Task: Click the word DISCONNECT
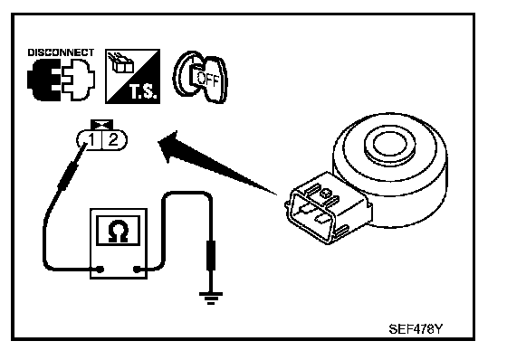point(61,52)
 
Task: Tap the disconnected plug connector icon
point(62,80)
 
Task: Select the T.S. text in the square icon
point(143,91)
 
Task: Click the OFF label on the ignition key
point(208,80)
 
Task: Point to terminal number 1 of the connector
point(91,140)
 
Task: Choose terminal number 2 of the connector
point(113,140)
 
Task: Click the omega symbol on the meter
point(119,231)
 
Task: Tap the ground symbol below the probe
point(211,298)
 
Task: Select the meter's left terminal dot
point(100,269)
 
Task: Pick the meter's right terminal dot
point(137,269)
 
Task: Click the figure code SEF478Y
point(416,329)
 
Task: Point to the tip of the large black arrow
point(158,141)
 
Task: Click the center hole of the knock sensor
point(389,144)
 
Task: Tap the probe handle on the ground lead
point(211,255)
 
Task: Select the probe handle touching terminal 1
point(68,176)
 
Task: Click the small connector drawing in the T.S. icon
point(122,64)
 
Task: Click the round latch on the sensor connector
point(325,194)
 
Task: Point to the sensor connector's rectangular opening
point(310,216)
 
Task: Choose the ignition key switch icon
point(200,77)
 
